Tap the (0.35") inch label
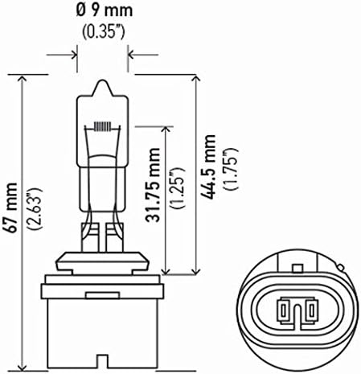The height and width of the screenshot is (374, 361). pyautogui.click(x=102, y=33)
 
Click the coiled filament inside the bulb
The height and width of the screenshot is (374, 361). pyautogui.click(x=102, y=125)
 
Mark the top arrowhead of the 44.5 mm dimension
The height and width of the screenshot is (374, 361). pyautogui.click(x=195, y=80)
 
